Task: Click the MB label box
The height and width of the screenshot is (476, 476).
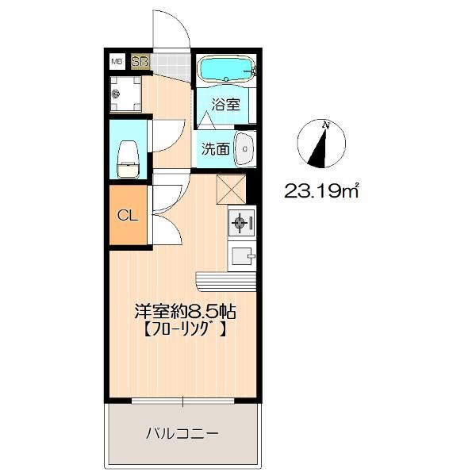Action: pos(117,61)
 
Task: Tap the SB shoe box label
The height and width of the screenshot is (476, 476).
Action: pos(140,61)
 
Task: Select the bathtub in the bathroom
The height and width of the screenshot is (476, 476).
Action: pos(225,69)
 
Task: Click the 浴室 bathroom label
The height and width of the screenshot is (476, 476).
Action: pos(225,104)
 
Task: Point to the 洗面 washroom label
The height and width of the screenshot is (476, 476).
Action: pos(215,148)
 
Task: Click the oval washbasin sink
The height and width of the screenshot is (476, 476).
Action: pos(245,148)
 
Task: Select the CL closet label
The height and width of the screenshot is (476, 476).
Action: pos(127,214)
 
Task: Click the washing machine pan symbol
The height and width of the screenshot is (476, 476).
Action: pos(127,94)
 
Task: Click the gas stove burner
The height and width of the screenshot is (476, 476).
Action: pos(240,225)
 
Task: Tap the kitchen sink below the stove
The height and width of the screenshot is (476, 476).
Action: pos(240,255)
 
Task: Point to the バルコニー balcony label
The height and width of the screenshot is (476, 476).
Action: pos(182,433)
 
